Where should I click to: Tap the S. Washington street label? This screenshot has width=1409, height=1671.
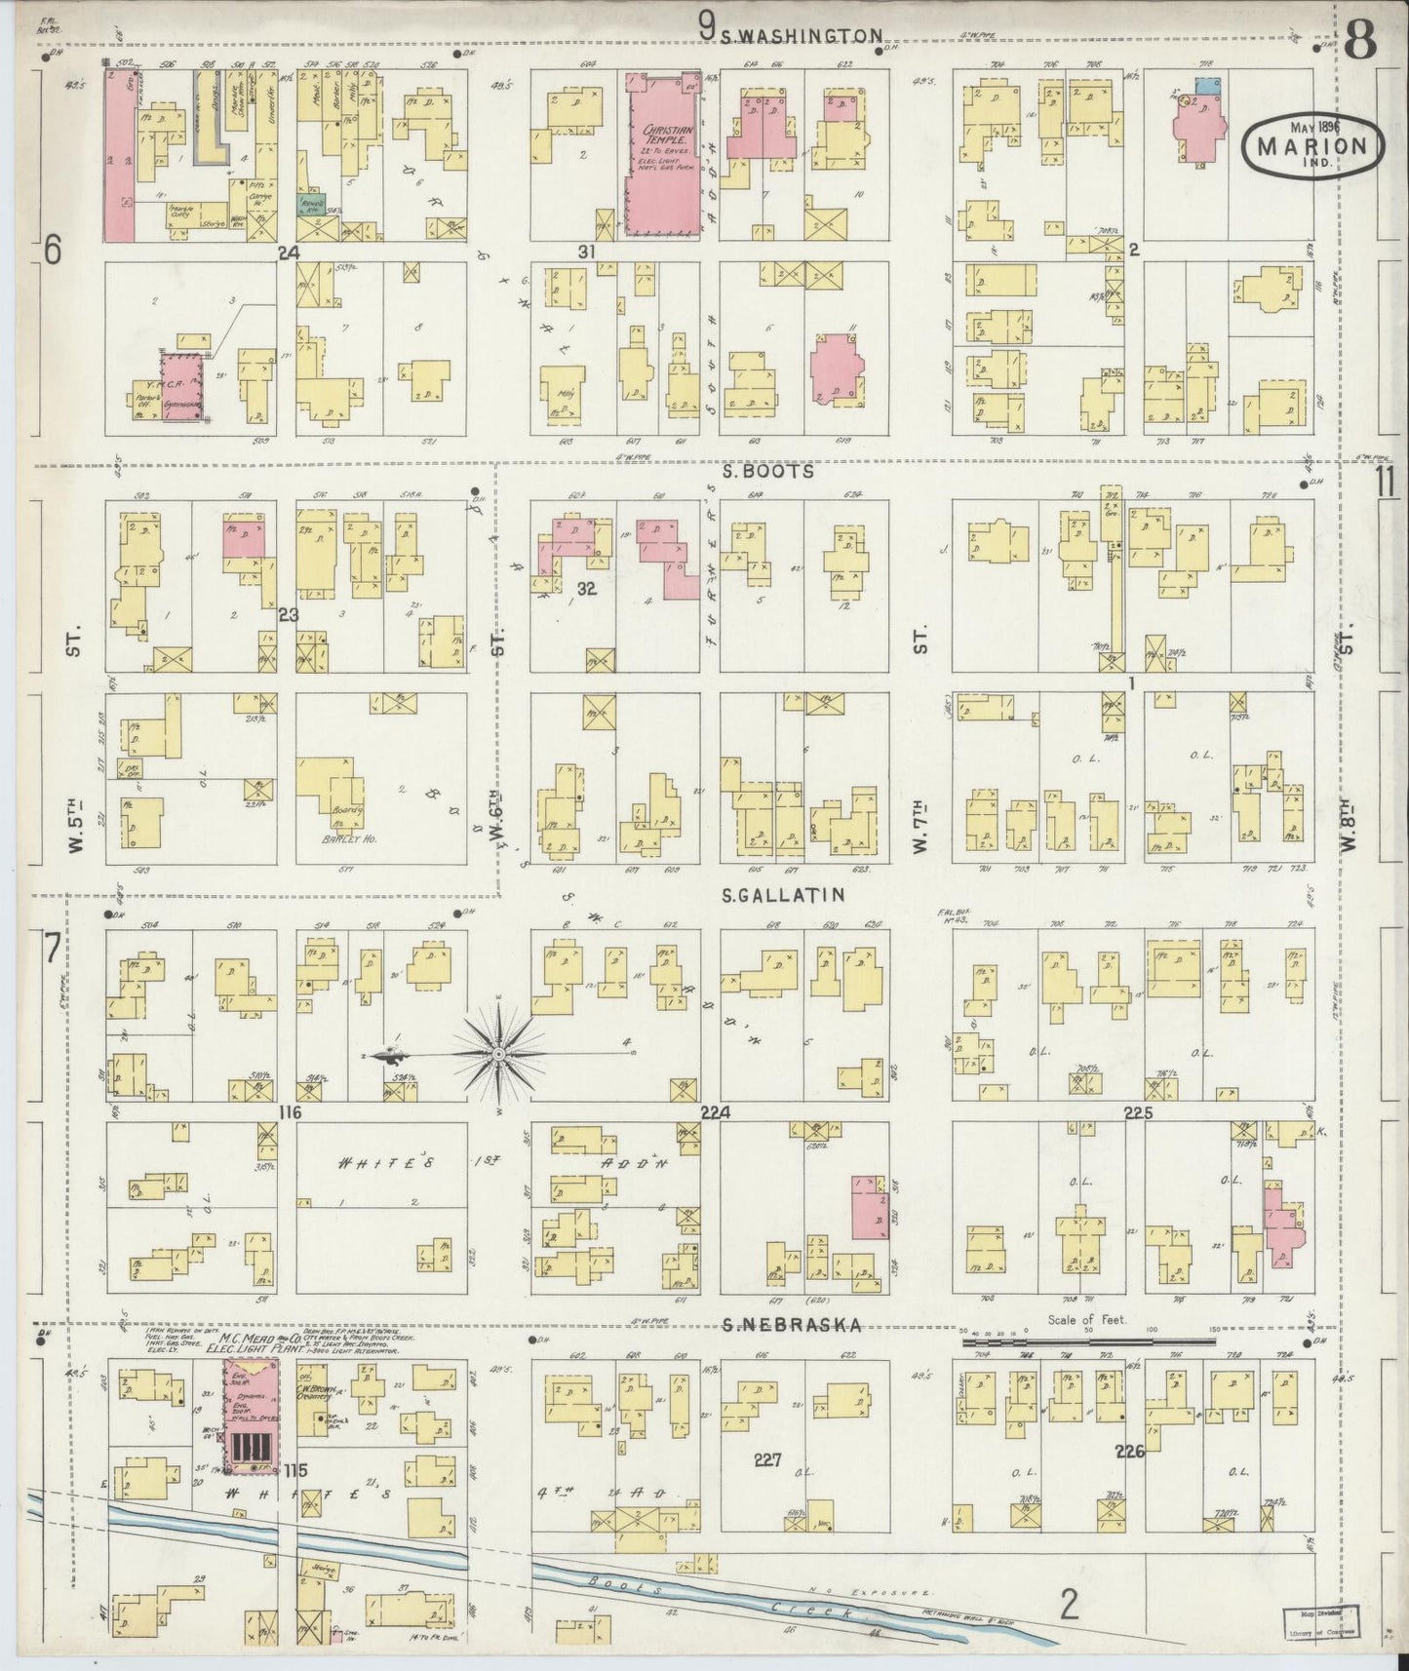coord(802,35)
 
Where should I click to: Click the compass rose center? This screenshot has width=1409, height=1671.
coord(499,1054)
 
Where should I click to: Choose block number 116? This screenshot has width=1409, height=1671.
coord(289,1113)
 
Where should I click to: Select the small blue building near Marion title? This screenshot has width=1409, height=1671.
coord(1207,86)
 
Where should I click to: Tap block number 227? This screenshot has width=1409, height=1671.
coord(767,1459)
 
